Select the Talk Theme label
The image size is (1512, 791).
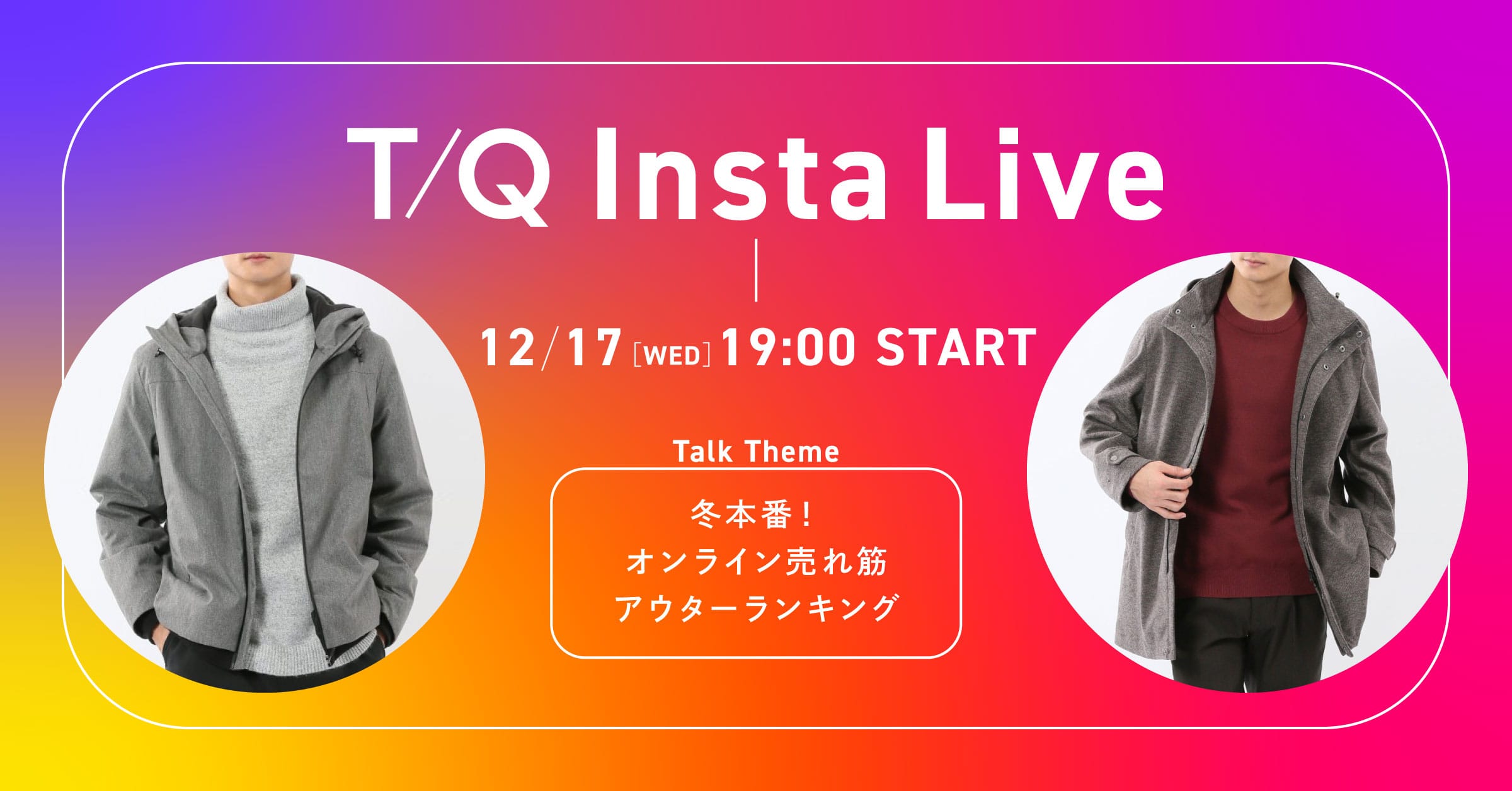coord(756,452)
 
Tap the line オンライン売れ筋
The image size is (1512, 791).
coord(756,562)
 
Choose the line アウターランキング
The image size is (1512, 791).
coord(756,608)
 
